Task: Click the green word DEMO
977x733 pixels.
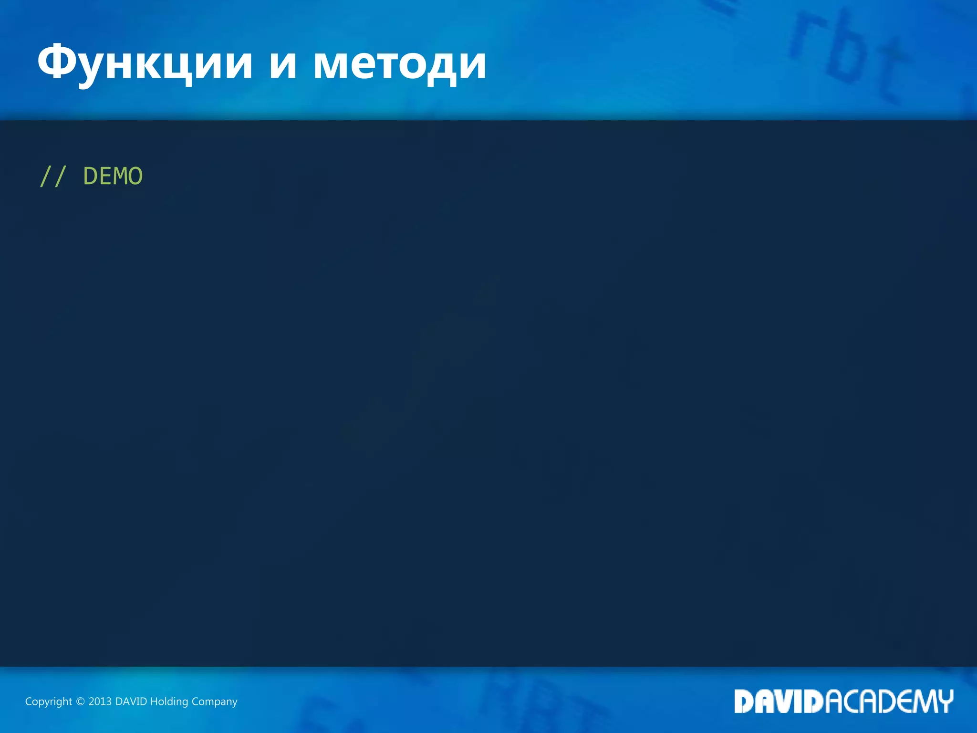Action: tap(113, 177)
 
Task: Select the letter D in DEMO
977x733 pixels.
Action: tap(91, 177)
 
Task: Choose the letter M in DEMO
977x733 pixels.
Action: tap(121, 177)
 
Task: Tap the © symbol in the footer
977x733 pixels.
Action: tap(80, 702)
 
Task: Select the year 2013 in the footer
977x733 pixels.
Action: tap(100, 702)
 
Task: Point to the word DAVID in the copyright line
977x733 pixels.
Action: tap(131, 702)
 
